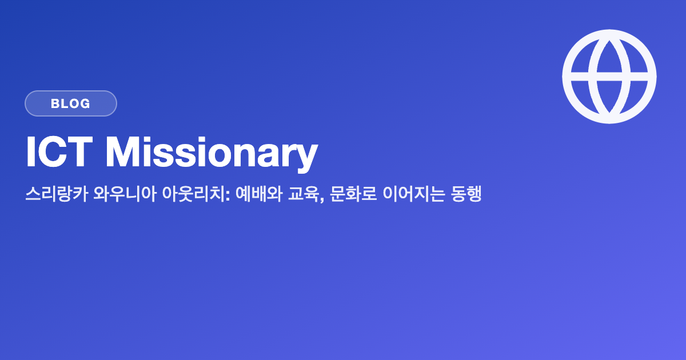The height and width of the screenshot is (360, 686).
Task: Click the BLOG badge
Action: click(x=71, y=103)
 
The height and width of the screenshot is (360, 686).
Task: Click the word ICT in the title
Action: click(x=59, y=152)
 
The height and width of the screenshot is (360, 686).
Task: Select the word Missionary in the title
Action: click(x=212, y=153)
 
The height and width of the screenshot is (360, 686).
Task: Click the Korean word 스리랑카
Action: click(x=57, y=194)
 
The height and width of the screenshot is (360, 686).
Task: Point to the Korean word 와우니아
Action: click(x=125, y=194)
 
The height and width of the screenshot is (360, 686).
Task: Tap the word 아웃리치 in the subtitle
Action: click(x=194, y=194)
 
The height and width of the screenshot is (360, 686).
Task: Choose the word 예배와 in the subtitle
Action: click(x=259, y=194)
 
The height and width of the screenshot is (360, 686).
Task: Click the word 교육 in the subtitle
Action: click(x=304, y=194)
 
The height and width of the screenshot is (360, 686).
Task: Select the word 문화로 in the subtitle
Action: click(x=353, y=194)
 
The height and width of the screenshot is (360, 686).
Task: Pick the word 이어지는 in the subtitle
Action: click(x=413, y=194)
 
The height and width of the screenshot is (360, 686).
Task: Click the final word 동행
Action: click(x=466, y=194)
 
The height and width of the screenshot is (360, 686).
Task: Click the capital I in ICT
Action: click(x=30, y=152)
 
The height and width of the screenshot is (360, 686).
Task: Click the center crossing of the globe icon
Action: click(x=609, y=77)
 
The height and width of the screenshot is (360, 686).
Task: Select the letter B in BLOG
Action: click(x=55, y=103)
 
